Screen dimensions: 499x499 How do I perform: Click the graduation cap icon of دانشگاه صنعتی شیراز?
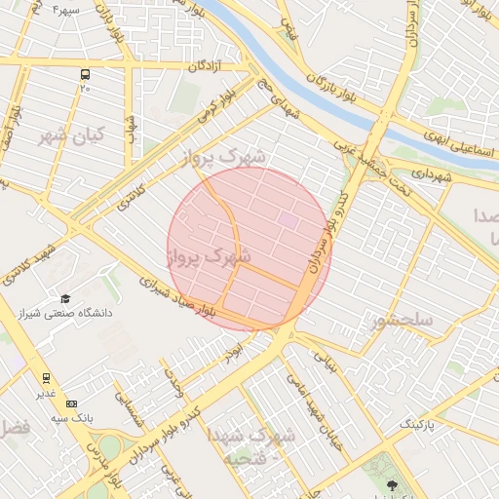[65, 299]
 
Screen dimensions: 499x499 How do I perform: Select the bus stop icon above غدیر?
[46, 378]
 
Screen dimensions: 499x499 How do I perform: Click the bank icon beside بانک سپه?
[70, 403]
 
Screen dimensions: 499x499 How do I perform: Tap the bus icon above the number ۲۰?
[86, 74]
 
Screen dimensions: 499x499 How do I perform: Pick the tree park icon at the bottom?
[393, 484]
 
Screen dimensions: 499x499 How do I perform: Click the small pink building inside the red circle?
[288, 220]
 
